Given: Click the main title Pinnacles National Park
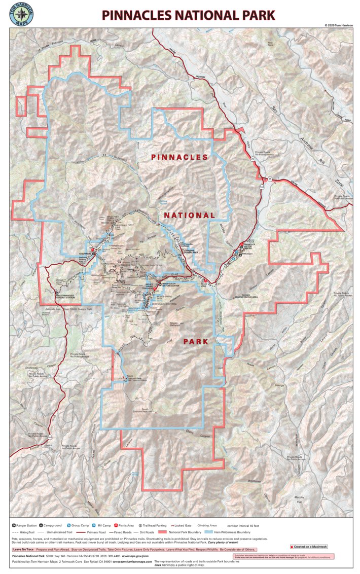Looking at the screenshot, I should pos(188,15).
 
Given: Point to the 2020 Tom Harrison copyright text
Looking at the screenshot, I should pos(339,25).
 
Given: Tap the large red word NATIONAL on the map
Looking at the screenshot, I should pos(189,216).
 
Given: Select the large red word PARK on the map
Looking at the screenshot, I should pos(195,341).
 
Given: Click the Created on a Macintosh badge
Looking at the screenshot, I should pos(309,547).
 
